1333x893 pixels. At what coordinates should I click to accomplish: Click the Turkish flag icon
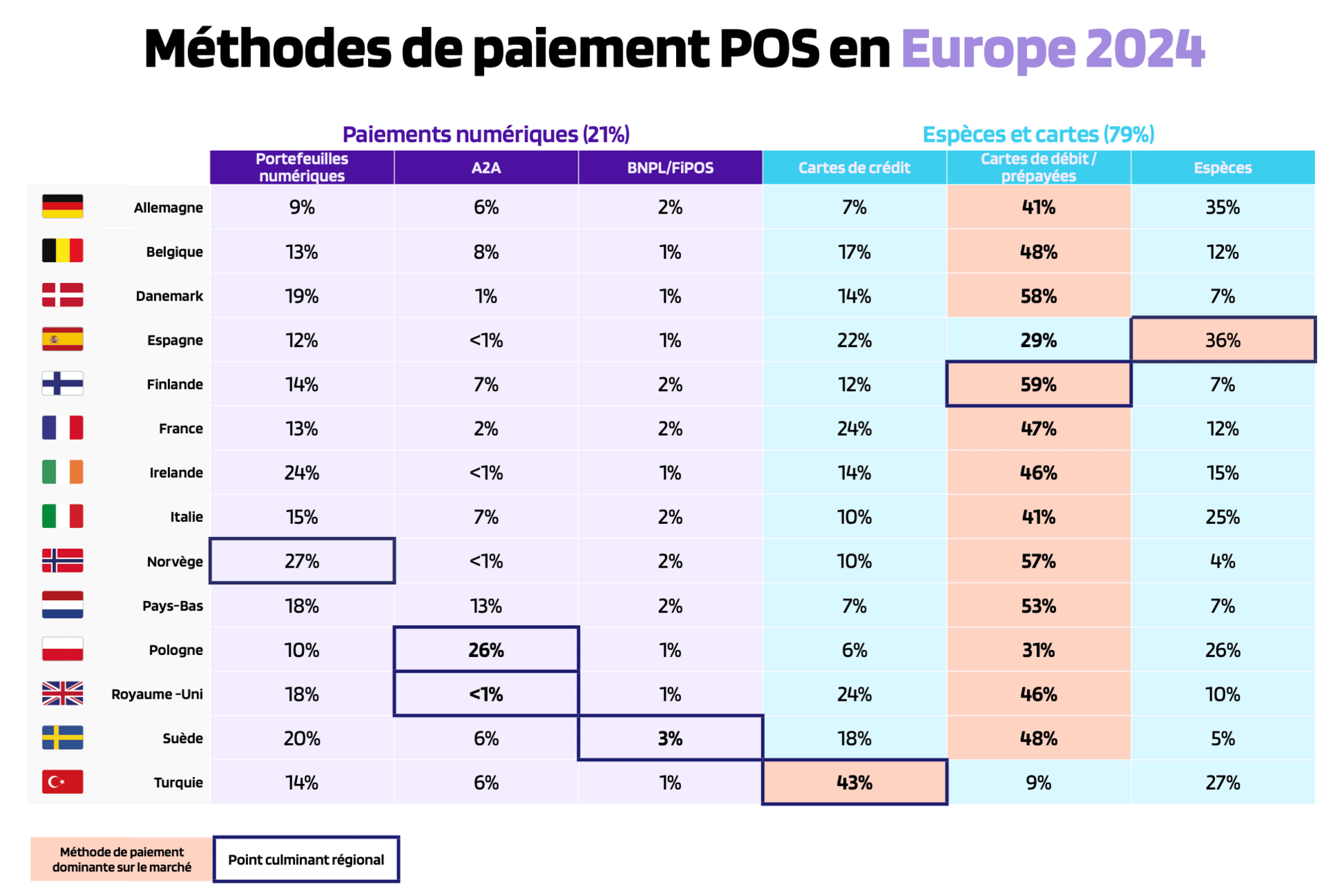pos(62,781)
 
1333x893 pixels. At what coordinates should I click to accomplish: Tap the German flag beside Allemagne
pos(62,206)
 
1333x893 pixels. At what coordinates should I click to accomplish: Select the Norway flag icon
pos(62,560)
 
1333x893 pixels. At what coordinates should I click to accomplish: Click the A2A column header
pos(486,167)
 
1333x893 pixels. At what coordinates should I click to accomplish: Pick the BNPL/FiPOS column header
pos(670,167)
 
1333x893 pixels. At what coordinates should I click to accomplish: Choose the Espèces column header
pos(1222,167)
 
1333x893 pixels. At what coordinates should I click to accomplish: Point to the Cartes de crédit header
pos(854,167)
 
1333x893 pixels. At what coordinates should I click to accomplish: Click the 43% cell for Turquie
pos(854,782)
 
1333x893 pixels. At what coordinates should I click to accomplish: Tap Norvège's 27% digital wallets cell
pos(302,561)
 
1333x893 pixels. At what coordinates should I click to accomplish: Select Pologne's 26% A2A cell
pos(486,649)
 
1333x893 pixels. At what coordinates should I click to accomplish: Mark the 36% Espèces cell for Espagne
pos(1222,340)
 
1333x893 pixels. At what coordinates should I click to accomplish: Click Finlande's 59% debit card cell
pos(1038,384)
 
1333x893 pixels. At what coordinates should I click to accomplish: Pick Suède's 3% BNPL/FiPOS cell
pos(670,738)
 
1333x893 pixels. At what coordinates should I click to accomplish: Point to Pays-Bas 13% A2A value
pos(486,606)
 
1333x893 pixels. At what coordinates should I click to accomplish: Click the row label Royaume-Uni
pos(157,694)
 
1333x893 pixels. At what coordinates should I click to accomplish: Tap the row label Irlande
pos(176,473)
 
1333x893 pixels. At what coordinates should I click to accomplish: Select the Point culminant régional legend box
pos(306,860)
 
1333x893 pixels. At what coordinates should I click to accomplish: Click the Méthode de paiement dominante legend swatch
pos(121,860)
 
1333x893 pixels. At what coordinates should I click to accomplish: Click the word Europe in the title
pos(988,49)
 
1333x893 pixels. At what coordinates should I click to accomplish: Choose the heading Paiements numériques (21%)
pos(486,134)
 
